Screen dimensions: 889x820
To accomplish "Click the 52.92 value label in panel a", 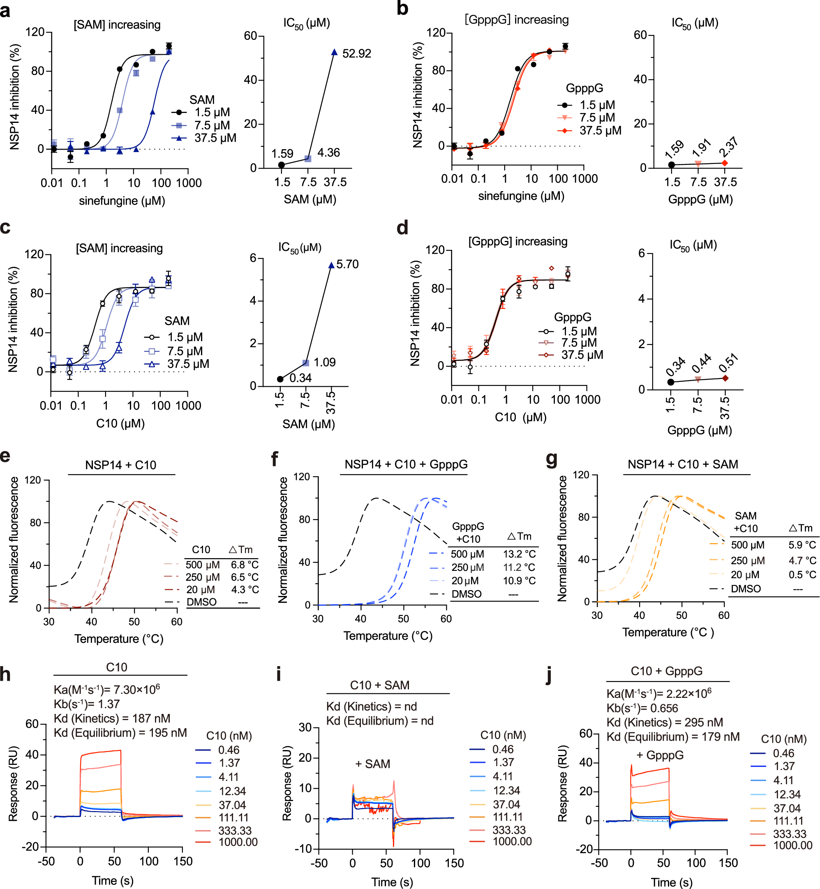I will pos(356,54).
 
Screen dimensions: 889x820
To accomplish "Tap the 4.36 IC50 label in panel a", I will pos(328,152).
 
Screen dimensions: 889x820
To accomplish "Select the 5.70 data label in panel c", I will pos(347,264).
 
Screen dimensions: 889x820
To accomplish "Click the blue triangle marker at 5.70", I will pos(331,265).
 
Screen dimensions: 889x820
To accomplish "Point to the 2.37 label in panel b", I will pos(729,147).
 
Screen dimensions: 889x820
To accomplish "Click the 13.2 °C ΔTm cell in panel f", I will pos(519,554).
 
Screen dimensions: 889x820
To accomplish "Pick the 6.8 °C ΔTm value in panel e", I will pos(245,565).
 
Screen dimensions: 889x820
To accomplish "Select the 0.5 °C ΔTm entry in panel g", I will pos(802,575).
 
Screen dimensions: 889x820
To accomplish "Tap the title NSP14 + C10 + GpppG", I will pos(406,464).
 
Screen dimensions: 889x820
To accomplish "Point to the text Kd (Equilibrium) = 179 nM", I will pos(673,737).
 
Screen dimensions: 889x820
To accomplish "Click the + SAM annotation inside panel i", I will pos(372,764).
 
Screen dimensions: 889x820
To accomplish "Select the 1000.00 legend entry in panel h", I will pos(238,842).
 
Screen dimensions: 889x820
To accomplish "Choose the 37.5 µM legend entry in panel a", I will pos(215,138).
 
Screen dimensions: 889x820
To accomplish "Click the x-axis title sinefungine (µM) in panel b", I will pos(521,196).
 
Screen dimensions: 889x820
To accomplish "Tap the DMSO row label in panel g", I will pos(746,589).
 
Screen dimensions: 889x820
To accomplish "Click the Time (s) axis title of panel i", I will pos(392,882).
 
